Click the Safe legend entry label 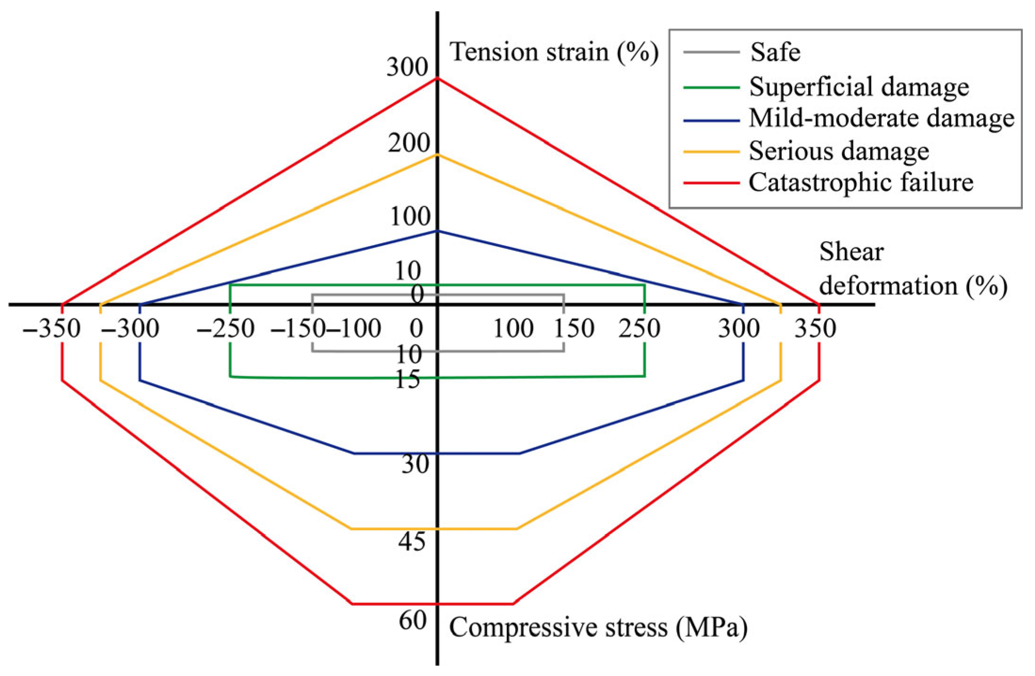tap(775, 52)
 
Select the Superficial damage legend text tap(859, 87)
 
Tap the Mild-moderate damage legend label tap(881, 118)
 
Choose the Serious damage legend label tap(839, 151)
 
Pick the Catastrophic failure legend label tap(861, 183)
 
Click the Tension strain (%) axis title tap(554, 52)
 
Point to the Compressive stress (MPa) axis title tap(598, 628)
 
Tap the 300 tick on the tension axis tap(407, 67)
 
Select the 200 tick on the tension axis tap(409, 143)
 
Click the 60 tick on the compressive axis tap(413, 620)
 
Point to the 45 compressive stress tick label tap(411, 541)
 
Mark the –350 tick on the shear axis tap(52, 328)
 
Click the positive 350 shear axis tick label tap(815, 328)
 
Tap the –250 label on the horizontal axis tap(226, 328)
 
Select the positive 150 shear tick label tap(574, 328)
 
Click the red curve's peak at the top tap(437, 78)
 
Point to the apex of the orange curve tap(437, 154)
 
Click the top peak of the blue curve tap(437, 231)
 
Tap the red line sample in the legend tap(711, 183)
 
